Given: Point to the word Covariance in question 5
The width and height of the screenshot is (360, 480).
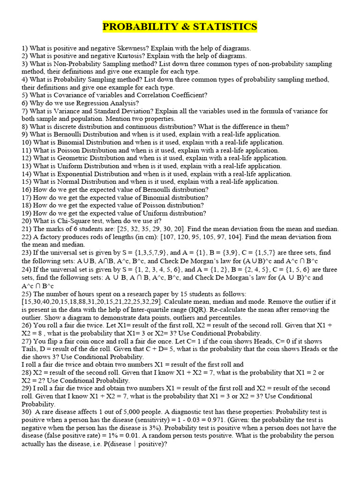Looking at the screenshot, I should tap(66, 95).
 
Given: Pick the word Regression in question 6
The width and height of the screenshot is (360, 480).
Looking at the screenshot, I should tap(99, 103).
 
